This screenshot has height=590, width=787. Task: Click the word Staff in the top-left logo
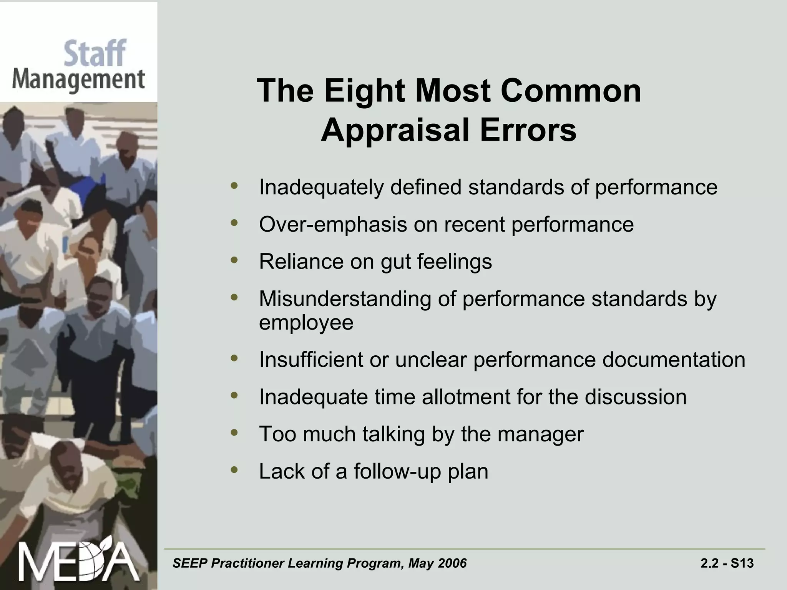[x=95, y=54]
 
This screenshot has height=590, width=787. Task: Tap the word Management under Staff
[x=79, y=80]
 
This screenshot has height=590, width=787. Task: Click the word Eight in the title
[x=364, y=91]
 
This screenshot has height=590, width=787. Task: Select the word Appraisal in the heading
[x=395, y=130]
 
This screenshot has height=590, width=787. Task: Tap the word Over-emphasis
[x=333, y=224]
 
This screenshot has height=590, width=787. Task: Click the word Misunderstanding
[x=345, y=299]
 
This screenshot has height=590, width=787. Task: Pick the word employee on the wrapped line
[x=306, y=323]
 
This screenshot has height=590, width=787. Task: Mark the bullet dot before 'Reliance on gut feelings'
[x=234, y=260]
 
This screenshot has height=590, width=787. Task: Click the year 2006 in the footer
[x=452, y=563]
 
